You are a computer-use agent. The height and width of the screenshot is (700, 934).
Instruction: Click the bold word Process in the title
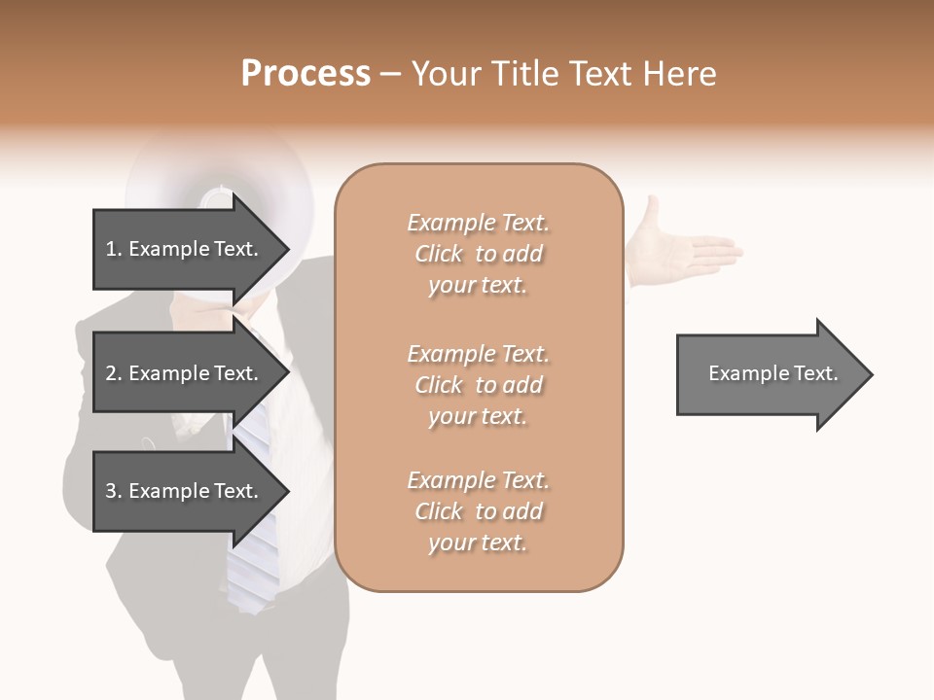pyautogui.click(x=305, y=74)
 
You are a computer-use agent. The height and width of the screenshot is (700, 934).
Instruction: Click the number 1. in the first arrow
pyautogui.click(x=114, y=249)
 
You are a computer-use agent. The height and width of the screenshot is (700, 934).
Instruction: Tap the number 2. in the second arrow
pyautogui.click(x=114, y=373)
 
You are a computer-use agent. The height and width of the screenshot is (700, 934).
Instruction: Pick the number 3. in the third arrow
pyautogui.click(x=114, y=491)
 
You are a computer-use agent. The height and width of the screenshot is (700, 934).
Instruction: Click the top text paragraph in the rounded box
pyautogui.click(x=478, y=254)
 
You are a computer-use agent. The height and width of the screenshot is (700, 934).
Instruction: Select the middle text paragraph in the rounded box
pyautogui.click(x=478, y=385)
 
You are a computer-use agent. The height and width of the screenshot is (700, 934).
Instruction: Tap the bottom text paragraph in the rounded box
pyautogui.click(x=478, y=511)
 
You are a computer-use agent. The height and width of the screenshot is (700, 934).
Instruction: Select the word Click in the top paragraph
pyautogui.click(x=439, y=254)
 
